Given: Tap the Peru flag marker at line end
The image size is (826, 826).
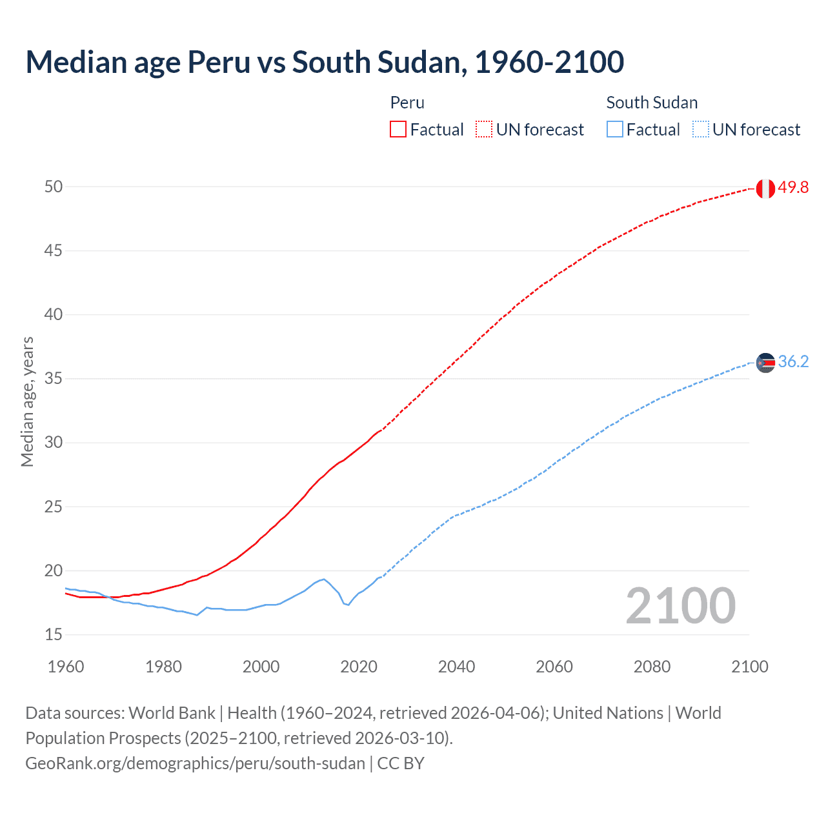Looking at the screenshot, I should [765, 188].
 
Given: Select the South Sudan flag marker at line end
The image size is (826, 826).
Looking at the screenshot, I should [765, 363].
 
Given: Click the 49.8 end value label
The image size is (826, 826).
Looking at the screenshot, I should [793, 188].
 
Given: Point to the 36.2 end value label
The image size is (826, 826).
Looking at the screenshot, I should [793, 362].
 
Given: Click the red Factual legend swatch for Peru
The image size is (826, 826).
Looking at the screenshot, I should [398, 130].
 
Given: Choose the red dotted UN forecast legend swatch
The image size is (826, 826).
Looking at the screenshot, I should [484, 130].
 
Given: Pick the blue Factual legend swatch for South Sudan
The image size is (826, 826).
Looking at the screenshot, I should [614, 130].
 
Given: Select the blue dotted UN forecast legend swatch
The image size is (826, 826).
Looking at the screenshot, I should [700, 130].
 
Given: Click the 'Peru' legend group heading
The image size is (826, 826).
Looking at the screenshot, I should [407, 103].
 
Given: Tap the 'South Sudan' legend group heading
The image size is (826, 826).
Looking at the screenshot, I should [652, 103].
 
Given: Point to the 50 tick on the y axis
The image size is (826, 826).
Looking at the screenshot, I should [54, 187].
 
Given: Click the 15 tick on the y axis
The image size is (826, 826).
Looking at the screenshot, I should [54, 635].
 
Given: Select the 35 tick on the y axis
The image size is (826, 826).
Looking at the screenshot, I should [54, 379].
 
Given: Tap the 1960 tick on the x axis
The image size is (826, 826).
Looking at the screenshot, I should [66, 667].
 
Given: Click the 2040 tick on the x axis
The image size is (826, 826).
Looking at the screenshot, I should [456, 667].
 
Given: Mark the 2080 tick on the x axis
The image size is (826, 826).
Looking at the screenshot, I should [652, 667].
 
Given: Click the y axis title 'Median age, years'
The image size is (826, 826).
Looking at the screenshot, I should [27, 401].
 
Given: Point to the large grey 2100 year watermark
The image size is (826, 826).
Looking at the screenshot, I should [680, 606].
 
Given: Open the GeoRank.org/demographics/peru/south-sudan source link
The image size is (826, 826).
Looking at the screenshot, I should [195, 763].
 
